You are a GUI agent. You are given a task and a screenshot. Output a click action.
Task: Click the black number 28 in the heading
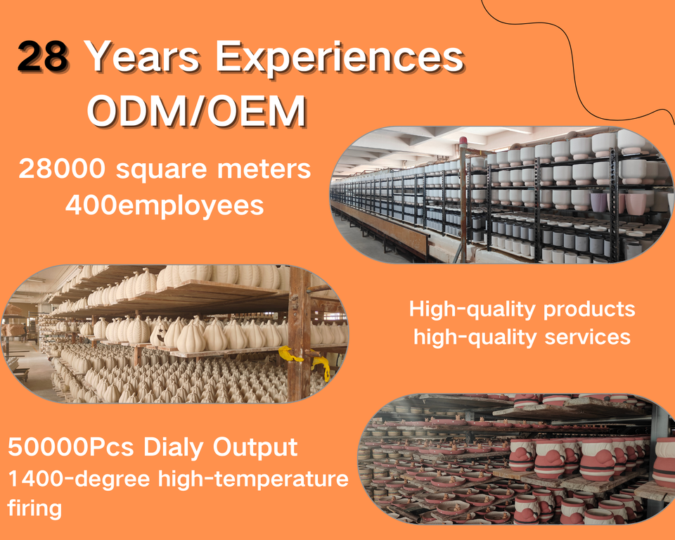point(43,56)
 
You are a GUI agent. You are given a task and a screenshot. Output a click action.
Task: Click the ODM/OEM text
point(197,110)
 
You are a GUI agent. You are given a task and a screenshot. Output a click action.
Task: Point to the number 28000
point(62,168)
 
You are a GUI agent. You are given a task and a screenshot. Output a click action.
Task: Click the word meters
point(264,169)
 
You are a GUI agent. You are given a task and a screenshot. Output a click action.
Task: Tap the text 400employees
point(165,206)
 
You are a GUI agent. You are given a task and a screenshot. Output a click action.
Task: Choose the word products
point(589,310)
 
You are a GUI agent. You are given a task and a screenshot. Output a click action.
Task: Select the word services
point(587,337)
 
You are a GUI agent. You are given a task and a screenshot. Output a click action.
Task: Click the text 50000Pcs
point(70,447)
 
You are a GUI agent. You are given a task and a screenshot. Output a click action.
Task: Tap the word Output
point(255,448)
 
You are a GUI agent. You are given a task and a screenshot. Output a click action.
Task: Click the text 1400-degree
point(79,479)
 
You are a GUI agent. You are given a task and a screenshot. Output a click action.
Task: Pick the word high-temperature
point(253,479)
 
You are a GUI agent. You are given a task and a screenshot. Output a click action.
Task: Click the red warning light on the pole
point(463,141)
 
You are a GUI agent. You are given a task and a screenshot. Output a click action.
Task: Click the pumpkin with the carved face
point(160,333)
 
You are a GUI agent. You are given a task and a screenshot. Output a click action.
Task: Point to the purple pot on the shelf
point(598,202)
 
